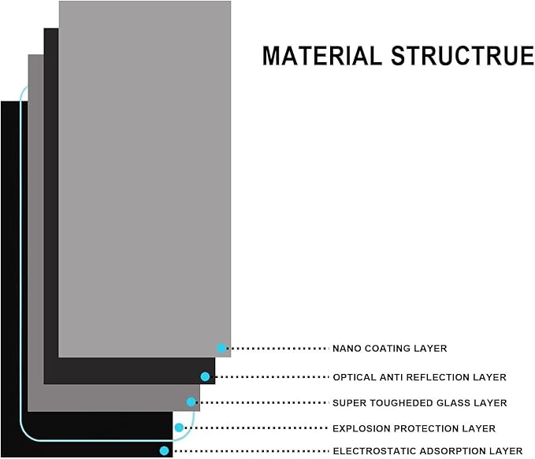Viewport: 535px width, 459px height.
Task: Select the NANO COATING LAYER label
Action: [x=389, y=348]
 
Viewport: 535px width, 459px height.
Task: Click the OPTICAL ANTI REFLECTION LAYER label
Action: [x=419, y=377]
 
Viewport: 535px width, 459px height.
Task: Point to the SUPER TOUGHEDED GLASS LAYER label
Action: [x=419, y=403]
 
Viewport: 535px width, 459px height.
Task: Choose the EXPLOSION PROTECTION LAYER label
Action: [x=414, y=428]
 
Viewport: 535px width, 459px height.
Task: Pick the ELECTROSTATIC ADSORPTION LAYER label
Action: [x=427, y=451]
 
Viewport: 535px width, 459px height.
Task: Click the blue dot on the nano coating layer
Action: [x=221, y=348]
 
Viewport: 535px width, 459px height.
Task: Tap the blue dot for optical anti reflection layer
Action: [x=205, y=377]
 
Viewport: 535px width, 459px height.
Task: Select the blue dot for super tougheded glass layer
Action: [x=191, y=402]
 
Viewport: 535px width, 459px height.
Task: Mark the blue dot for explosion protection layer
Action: [x=179, y=428]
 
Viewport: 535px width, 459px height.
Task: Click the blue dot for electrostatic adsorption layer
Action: [x=164, y=450]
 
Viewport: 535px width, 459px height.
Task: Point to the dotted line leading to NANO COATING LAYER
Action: [x=277, y=348]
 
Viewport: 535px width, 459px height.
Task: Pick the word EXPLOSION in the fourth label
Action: [x=357, y=428]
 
